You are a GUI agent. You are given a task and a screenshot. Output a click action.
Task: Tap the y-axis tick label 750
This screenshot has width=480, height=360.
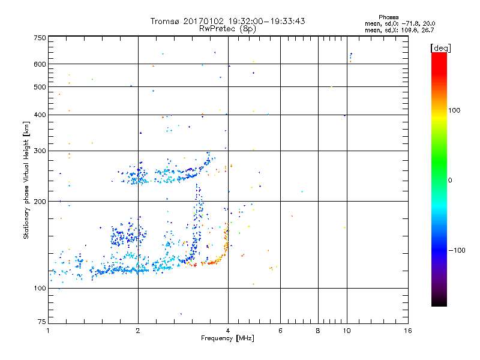click(40, 38)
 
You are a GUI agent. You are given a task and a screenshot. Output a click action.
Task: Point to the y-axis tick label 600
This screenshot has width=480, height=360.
click(40, 64)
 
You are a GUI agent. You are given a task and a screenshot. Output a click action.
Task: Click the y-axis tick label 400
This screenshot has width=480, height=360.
click(40, 115)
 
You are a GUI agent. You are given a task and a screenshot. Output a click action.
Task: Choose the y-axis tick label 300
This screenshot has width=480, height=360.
click(40, 151)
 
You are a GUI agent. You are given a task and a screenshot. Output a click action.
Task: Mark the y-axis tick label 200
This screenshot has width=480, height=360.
click(40, 202)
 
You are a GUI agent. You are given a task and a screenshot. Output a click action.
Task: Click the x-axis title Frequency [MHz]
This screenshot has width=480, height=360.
click(228, 339)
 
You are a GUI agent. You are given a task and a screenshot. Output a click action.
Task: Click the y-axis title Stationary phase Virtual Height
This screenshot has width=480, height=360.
click(26, 180)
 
